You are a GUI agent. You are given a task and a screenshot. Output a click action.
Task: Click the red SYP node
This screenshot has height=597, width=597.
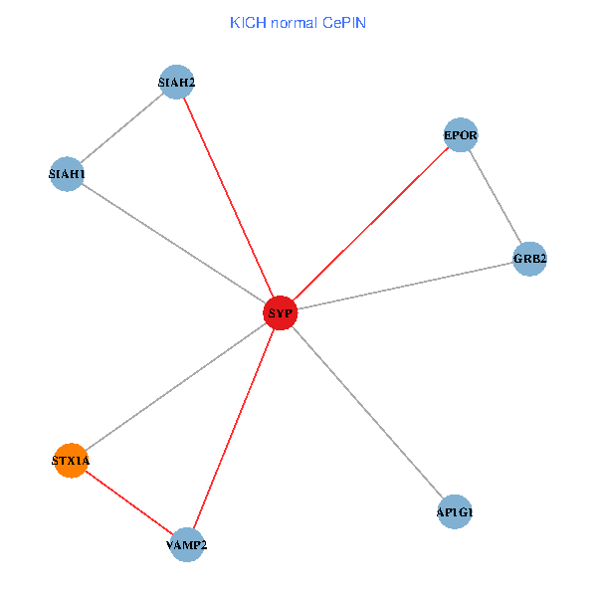pos(281,313)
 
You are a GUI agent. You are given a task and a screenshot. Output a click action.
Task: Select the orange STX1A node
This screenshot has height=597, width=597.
pos(71,461)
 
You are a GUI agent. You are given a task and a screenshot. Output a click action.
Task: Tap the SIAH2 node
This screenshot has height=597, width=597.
pos(176,82)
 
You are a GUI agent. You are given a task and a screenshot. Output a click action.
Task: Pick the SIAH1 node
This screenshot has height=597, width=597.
pos(67,174)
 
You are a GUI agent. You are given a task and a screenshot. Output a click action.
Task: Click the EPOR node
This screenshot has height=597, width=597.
pos(461,134)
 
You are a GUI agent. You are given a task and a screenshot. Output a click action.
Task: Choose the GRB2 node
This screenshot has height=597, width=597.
pos(530,259)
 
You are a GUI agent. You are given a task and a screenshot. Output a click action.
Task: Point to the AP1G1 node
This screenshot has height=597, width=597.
pos(454,512)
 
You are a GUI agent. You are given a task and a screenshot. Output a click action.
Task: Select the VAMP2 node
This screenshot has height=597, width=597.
pos(186,544)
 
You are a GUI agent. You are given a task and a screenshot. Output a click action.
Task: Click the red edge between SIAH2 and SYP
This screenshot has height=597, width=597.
pos(228,197)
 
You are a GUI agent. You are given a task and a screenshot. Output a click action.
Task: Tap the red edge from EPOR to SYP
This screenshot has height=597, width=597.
pos(370,224)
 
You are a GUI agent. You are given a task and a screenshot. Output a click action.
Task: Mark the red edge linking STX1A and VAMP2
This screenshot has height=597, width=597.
pos(128,502)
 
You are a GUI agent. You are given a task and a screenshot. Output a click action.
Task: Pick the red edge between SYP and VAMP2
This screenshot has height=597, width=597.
pos(234,429)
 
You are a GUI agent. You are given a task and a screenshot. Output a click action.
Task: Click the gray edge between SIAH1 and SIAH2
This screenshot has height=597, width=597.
pos(121,128)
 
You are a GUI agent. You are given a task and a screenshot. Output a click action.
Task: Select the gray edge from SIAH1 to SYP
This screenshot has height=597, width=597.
pos(173,244)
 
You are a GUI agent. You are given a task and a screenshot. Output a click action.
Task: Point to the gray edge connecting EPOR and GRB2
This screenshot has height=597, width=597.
pos(496,197)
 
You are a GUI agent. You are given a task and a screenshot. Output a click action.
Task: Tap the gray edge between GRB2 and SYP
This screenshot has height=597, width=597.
pos(405,287)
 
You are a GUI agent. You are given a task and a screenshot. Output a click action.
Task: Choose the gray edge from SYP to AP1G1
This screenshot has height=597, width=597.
pos(367,413)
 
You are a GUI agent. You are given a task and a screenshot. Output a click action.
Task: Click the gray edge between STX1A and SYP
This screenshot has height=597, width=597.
pos(175,387)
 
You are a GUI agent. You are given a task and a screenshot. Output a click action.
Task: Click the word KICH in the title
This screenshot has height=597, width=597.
pos(246,22)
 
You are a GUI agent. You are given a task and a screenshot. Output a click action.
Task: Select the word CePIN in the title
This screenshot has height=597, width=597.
pos(344,22)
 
